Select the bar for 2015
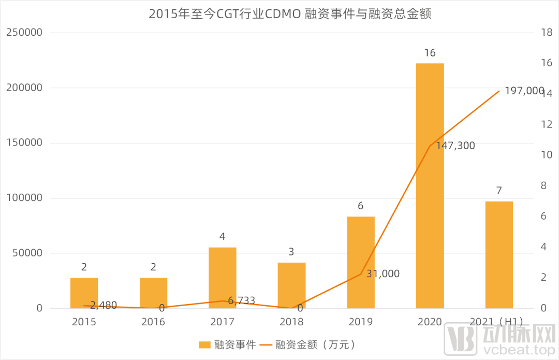pyautogui.click(x=84, y=293)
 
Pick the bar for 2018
pyautogui.click(x=291, y=285)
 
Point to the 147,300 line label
pyautogui.click(x=455, y=146)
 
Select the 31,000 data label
pyautogui.click(x=383, y=274)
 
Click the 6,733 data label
pyautogui.click(x=241, y=300)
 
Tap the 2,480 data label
pyautogui.click(x=104, y=305)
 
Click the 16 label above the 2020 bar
pyautogui.click(x=430, y=53)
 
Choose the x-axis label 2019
pyautogui.click(x=361, y=322)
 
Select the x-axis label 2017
pyautogui.click(x=223, y=322)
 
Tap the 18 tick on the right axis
pyautogui.click(x=546, y=33)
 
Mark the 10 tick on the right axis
pyautogui.click(x=546, y=155)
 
